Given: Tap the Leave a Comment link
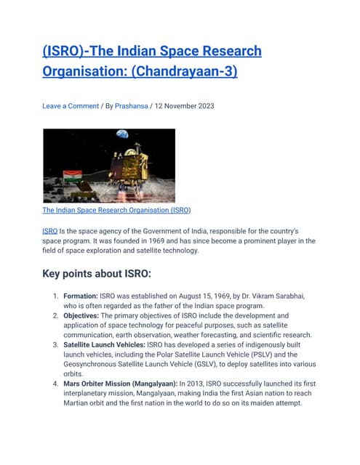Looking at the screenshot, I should point(71,106).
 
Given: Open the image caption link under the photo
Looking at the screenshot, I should point(116,210).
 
